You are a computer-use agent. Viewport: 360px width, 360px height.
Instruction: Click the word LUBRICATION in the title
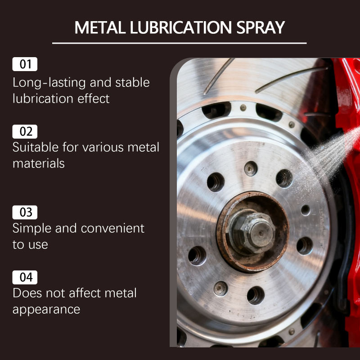[181, 27]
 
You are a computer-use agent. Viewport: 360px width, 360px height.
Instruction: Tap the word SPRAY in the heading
[261, 27]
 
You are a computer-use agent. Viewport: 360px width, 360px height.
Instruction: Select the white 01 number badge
[25, 64]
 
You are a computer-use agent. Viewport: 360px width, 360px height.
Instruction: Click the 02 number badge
[25, 131]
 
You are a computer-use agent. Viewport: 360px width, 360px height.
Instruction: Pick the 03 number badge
[25, 212]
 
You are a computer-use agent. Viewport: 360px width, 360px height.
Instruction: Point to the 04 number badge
[25, 277]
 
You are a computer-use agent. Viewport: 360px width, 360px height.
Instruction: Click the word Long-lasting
[49, 83]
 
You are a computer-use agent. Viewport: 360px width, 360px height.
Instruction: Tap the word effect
[94, 99]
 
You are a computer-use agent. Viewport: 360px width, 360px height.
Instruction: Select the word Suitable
[36, 147]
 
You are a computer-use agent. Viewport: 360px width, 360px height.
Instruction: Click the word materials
[39, 164]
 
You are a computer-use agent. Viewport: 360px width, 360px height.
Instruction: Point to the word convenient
[112, 229]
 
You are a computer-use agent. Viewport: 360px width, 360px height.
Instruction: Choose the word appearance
[46, 310]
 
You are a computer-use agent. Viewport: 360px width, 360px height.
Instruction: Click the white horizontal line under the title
[179, 43]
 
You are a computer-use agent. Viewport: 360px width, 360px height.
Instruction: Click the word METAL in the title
[100, 27]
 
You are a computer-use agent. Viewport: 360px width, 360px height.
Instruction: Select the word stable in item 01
[132, 83]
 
